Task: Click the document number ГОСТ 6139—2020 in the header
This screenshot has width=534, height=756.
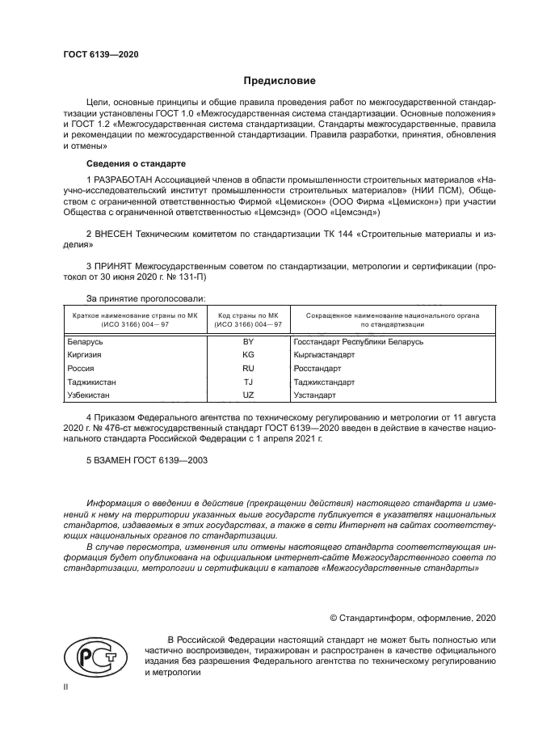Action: click(101, 54)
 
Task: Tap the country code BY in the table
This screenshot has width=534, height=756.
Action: click(248, 342)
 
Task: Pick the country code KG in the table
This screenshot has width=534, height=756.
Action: click(248, 355)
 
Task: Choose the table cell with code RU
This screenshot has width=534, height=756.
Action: click(248, 369)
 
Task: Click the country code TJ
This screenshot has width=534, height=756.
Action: click(248, 382)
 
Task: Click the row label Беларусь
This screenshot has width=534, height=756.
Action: click(86, 342)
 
